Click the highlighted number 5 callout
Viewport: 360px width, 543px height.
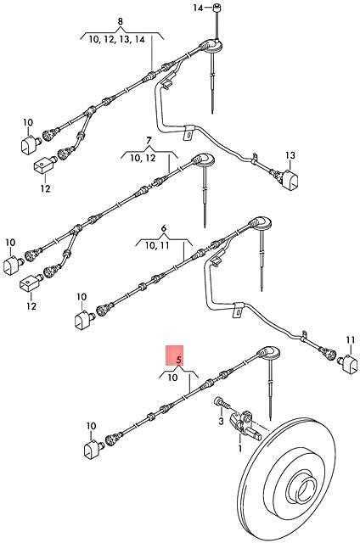click(179, 360)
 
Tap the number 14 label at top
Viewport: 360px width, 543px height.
click(198, 8)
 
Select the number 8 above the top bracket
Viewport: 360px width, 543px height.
click(121, 21)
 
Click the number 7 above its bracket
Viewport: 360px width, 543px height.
click(149, 141)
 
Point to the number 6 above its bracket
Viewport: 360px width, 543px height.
click(164, 228)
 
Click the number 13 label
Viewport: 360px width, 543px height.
click(290, 155)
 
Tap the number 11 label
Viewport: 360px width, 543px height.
click(351, 340)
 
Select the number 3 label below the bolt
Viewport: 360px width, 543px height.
click(222, 422)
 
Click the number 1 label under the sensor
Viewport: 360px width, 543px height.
click(240, 449)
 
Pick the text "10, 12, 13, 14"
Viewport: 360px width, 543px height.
click(116, 40)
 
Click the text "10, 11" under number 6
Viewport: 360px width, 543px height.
click(156, 246)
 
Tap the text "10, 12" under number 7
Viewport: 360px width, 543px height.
click(143, 159)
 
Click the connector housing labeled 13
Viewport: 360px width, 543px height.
click(290, 179)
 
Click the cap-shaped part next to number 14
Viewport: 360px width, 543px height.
click(217, 8)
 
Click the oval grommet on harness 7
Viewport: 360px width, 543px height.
click(204, 160)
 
